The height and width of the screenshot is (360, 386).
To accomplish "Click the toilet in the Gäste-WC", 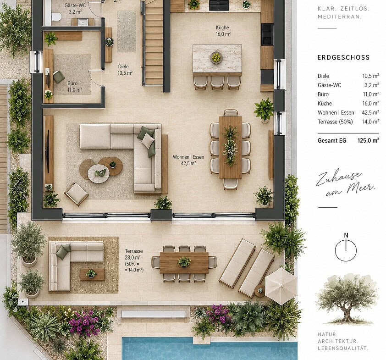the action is tap(56, 17).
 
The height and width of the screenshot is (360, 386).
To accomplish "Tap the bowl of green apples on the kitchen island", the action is tap(216, 58).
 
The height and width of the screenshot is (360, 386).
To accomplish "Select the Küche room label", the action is tap(222, 31).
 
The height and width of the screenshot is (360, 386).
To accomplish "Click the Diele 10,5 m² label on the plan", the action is tap(125, 70).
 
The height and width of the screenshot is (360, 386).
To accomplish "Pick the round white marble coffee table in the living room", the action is tap(99, 174).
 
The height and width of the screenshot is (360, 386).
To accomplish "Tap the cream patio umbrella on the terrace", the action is tap(281, 286).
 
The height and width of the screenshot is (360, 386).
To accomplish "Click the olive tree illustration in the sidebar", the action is tap(347, 299).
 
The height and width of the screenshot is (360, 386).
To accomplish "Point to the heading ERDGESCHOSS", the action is tap(343, 58).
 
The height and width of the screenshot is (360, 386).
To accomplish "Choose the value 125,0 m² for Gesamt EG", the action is tap(368, 141).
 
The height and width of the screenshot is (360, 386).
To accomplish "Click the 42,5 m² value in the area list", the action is tap(370, 112).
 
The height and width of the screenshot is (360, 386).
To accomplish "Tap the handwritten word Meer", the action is tap(361, 188).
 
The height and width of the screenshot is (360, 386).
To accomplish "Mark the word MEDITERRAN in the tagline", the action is tap(340, 17).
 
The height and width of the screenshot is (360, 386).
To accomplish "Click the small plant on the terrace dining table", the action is tap(184, 261).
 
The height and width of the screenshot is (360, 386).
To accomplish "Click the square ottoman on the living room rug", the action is tap(76, 194).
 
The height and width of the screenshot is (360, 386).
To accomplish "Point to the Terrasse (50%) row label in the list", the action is tap(335, 122).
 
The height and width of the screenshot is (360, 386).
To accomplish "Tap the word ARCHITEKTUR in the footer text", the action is tap(337, 341).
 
